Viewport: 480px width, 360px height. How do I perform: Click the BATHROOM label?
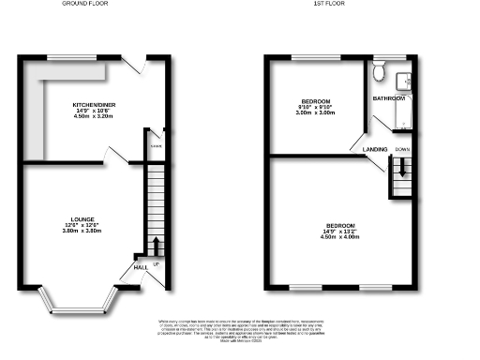388,97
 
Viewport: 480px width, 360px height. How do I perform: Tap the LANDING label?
365,148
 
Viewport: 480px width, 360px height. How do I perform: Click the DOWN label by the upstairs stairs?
401,149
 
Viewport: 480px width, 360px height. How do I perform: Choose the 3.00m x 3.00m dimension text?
313,112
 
